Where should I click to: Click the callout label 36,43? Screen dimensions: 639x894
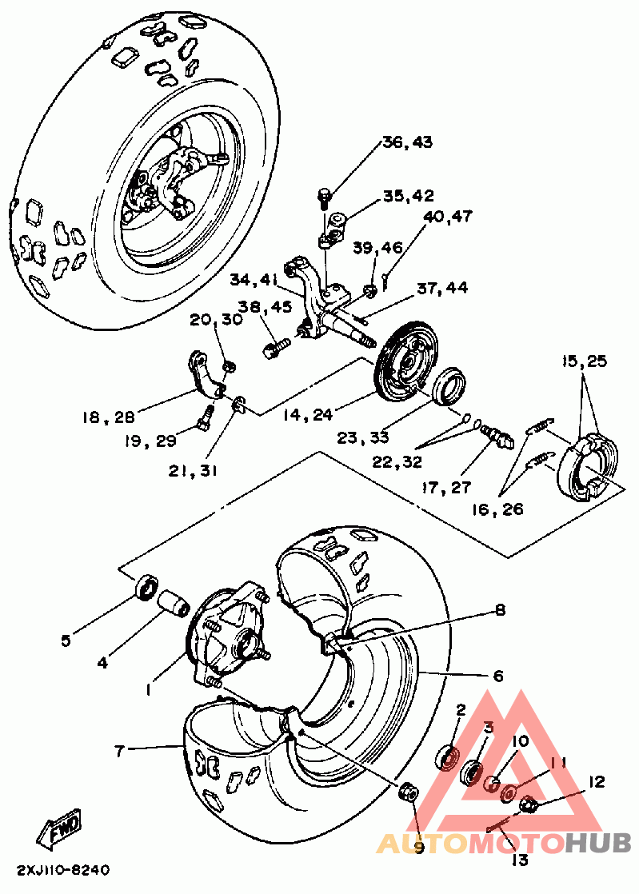click(x=408, y=142)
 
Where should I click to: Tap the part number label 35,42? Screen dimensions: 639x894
click(x=408, y=196)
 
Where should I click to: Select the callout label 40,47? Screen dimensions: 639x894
click(x=448, y=217)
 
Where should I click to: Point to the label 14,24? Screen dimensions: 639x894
click(x=307, y=414)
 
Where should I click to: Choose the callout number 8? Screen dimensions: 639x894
click(x=500, y=611)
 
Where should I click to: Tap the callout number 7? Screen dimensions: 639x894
click(x=119, y=751)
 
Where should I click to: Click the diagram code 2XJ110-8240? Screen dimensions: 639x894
click(x=63, y=871)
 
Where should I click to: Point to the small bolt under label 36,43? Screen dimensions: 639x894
click(x=324, y=198)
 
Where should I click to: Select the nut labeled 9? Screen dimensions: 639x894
click(x=408, y=792)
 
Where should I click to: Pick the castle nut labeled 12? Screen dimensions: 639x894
click(x=527, y=805)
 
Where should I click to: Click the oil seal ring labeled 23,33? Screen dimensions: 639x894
click(x=450, y=387)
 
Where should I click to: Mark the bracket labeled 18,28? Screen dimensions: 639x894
click(x=206, y=373)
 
